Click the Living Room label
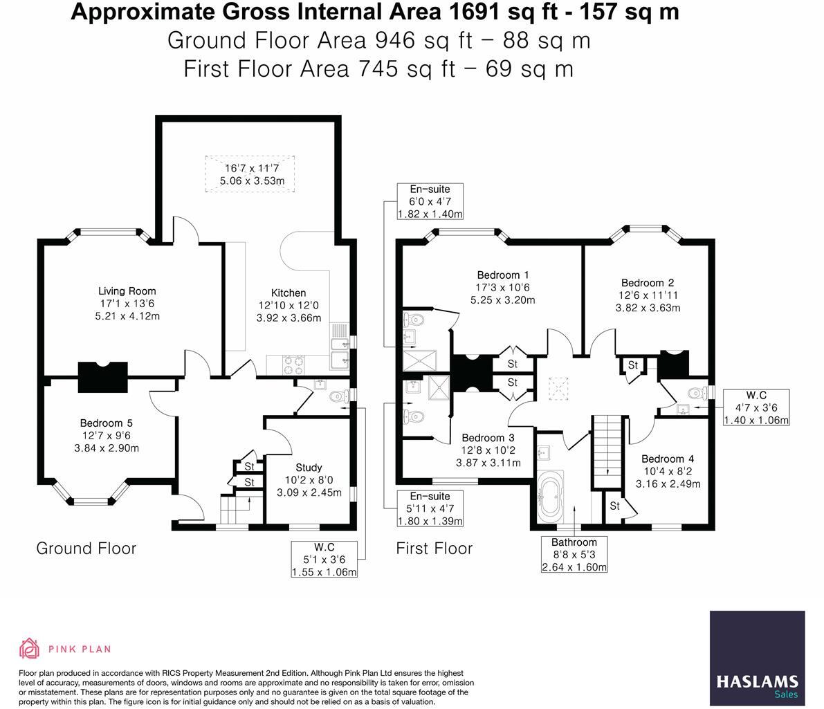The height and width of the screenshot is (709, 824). [x=127, y=291]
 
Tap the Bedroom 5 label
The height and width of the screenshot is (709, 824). [x=106, y=423]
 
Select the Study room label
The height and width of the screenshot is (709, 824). [x=309, y=467]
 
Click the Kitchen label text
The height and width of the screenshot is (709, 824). [x=289, y=293]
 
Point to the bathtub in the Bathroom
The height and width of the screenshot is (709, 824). [x=551, y=495]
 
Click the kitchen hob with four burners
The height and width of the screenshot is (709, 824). [x=294, y=365]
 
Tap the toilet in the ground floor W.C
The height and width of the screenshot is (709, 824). [x=338, y=396]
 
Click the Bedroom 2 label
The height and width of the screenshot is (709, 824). [x=648, y=283]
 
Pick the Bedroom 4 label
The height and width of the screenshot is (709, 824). [x=668, y=459]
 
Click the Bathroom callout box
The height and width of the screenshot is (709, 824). [x=574, y=554]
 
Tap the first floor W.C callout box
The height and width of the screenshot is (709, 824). [x=756, y=407]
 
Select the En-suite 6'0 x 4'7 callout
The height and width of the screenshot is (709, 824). [x=430, y=201]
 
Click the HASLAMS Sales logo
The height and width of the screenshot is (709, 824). [x=758, y=658]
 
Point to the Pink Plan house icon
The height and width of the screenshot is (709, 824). [x=30, y=649]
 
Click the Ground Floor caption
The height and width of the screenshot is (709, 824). [x=86, y=549]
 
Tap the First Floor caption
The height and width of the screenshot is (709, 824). [x=434, y=549]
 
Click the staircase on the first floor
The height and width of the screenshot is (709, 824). [x=608, y=452]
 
